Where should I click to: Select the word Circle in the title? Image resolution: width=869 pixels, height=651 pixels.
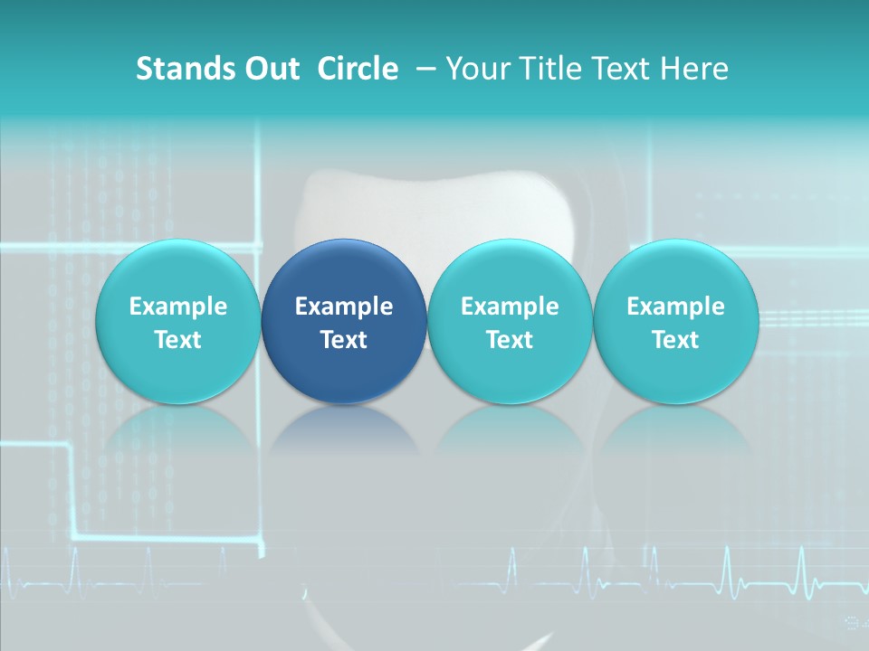click(x=358, y=69)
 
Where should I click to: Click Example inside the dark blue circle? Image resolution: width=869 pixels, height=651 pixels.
click(x=344, y=307)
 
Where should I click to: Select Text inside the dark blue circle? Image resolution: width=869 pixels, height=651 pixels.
click(x=344, y=340)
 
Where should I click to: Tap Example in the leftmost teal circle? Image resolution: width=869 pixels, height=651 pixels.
click(x=178, y=307)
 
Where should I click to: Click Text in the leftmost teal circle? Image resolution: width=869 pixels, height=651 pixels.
click(x=178, y=340)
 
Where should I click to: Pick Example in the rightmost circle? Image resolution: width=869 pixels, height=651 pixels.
click(x=675, y=307)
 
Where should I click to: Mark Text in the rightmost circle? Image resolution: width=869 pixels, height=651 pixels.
click(x=675, y=340)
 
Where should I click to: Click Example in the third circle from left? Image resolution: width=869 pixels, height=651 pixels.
click(x=510, y=307)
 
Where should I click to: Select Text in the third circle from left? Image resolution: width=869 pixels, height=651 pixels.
click(x=510, y=340)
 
